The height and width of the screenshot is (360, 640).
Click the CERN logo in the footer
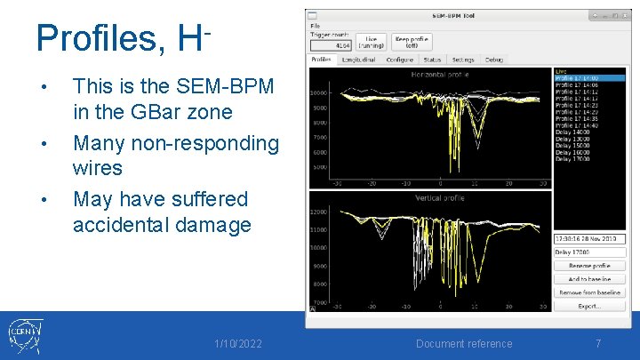(x=26, y=336)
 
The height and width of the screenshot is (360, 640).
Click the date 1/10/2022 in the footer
(x=238, y=343)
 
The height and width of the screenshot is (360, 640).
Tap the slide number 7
(x=598, y=343)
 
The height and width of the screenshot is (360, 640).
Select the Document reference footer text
(x=464, y=343)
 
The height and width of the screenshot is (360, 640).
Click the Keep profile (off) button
(x=412, y=42)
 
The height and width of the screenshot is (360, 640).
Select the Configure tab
(x=400, y=60)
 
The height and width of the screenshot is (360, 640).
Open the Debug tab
(x=493, y=60)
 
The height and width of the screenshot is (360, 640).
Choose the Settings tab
(x=462, y=60)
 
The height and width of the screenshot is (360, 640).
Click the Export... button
(x=588, y=306)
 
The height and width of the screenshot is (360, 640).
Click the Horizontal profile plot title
(x=435, y=75)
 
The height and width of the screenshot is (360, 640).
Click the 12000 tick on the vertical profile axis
(x=319, y=212)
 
